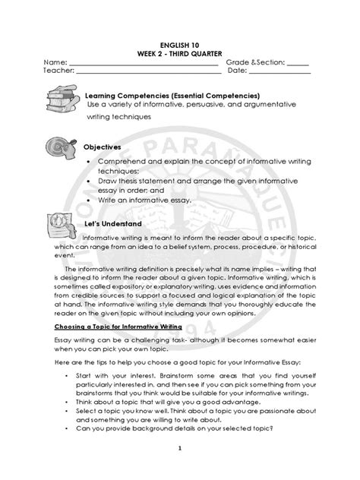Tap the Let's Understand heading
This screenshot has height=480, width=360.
[112, 225]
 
